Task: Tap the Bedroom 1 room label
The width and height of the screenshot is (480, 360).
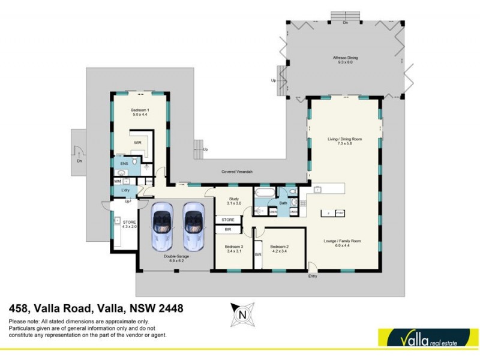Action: click(140, 112)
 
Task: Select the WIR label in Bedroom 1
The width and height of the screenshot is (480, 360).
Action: click(137, 143)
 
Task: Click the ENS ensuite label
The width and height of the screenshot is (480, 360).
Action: click(124, 163)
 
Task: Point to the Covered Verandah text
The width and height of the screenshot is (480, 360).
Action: click(237, 172)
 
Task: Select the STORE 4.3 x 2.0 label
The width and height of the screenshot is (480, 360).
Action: click(130, 224)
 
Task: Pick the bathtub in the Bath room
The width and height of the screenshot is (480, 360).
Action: click(263, 193)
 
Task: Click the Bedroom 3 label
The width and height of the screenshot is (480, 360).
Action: click(234, 249)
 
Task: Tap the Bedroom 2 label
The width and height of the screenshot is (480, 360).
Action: click(280, 249)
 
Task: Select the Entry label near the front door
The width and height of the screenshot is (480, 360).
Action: click(312, 276)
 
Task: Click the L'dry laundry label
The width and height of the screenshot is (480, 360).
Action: click(126, 190)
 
